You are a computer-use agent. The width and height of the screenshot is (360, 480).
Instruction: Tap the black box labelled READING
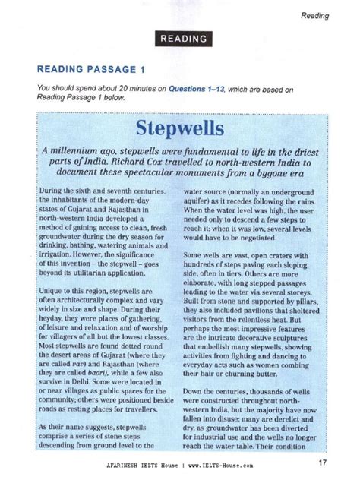pyautogui.click(x=183, y=39)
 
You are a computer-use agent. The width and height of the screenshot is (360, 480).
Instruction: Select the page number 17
pyautogui.click(x=323, y=462)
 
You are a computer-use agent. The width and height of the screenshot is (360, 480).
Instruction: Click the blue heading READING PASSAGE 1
pyautogui.click(x=92, y=69)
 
